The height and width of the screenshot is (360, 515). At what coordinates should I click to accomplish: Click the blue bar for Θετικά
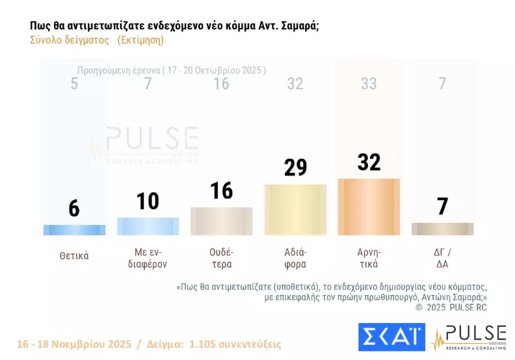click(x=74, y=230)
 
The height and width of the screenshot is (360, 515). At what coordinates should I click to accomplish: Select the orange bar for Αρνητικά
click(x=369, y=207)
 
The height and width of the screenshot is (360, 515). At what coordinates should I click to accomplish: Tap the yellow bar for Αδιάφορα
click(x=295, y=210)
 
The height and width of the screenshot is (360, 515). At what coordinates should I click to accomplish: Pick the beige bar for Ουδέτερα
click(x=221, y=221)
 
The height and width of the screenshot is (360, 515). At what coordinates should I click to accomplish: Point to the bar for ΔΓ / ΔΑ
click(x=442, y=229)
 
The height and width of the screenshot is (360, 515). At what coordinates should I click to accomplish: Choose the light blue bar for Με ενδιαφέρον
click(x=148, y=226)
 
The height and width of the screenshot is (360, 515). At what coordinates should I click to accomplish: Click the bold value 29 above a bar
click(x=295, y=167)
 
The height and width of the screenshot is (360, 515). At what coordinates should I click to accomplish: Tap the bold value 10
click(x=148, y=201)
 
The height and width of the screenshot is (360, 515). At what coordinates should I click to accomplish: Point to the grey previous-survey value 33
click(x=369, y=83)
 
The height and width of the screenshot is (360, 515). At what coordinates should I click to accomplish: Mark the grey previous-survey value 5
click(x=74, y=83)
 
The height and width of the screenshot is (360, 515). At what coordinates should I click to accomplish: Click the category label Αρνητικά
click(x=369, y=259)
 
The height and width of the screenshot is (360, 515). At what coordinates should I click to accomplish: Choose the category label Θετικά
click(x=74, y=255)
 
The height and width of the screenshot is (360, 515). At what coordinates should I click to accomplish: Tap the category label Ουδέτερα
click(x=221, y=259)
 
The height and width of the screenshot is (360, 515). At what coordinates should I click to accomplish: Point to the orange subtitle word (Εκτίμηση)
click(x=140, y=40)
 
